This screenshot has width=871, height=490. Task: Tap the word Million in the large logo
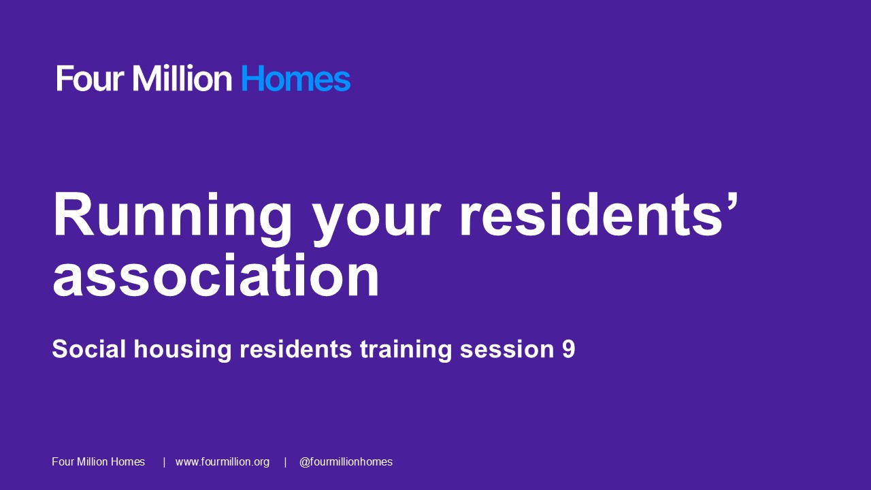tap(182, 79)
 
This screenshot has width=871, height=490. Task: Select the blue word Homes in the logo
tap(295, 79)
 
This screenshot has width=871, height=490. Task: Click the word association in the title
tap(216, 276)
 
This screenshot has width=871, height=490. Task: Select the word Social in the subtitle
tap(89, 349)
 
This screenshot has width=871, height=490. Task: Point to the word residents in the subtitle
tap(295, 349)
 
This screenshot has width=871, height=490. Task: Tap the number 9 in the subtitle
tap(569, 349)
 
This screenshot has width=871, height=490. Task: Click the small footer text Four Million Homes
tap(99, 462)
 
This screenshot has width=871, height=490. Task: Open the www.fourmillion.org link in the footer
tap(223, 462)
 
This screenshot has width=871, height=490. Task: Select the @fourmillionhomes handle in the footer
tap(346, 462)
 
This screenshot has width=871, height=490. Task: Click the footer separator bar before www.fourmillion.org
tap(164, 462)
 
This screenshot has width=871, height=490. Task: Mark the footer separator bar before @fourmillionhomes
tap(285, 462)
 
